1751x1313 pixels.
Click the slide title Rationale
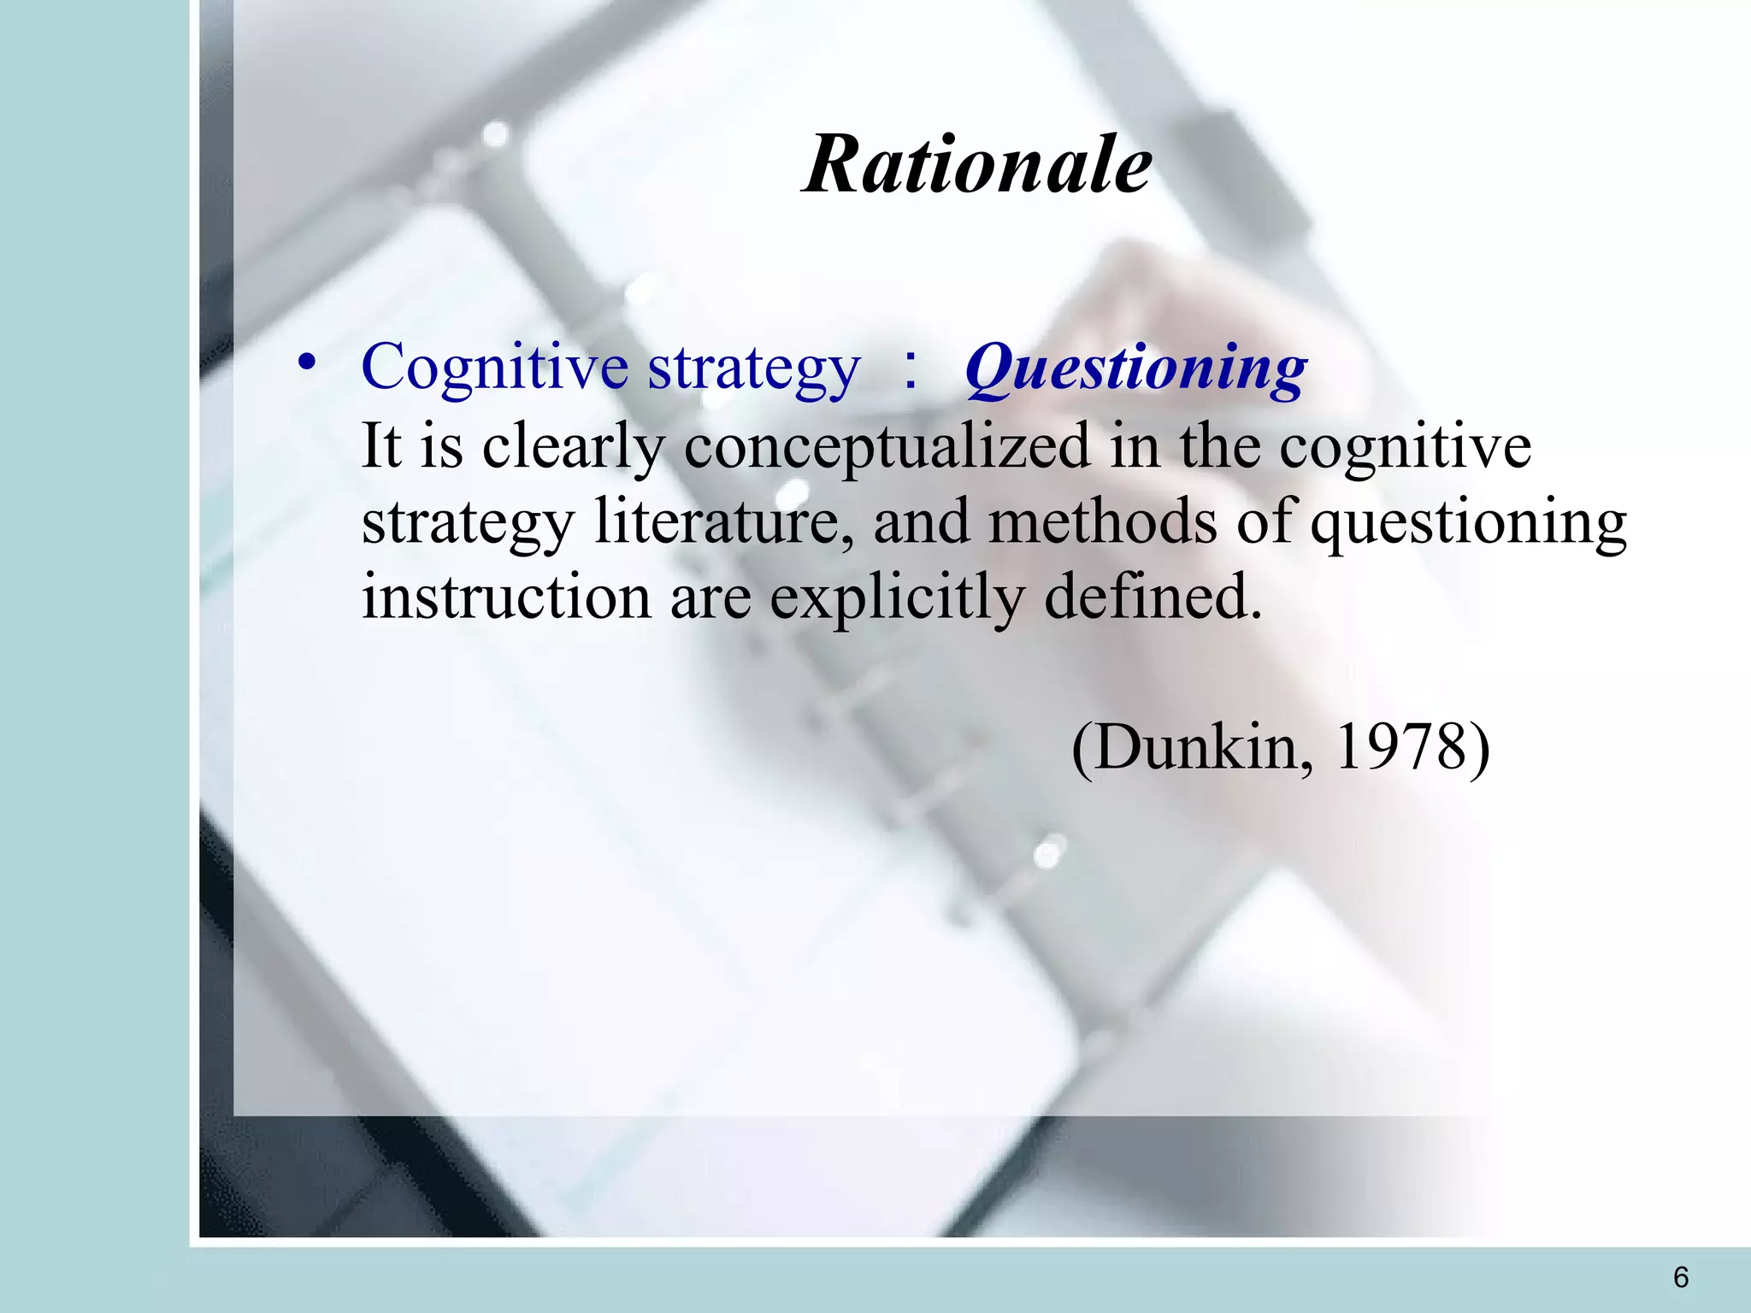pos(977,164)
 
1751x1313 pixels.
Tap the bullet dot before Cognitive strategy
pos(306,364)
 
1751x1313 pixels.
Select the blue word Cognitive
pos(495,368)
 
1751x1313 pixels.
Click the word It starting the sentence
pos(381,445)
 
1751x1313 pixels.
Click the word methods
pos(1102,521)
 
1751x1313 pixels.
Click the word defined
pos(1152,597)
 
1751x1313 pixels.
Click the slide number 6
pos(1680,1277)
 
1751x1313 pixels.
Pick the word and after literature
pos(921,521)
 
